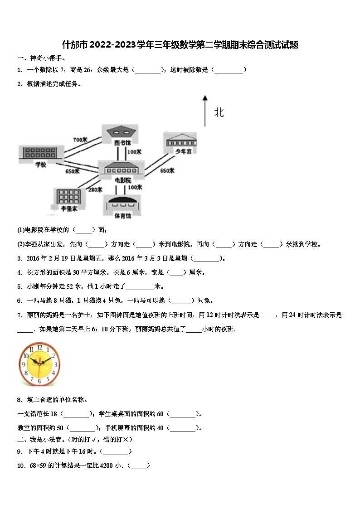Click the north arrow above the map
point(205,111)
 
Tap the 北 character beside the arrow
point(219,112)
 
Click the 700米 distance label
point(80,140)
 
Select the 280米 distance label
point(95,190)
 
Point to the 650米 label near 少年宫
point(167,171)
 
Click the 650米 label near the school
point(72,171)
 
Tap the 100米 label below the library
point(134,152)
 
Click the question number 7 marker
point(20,315)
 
